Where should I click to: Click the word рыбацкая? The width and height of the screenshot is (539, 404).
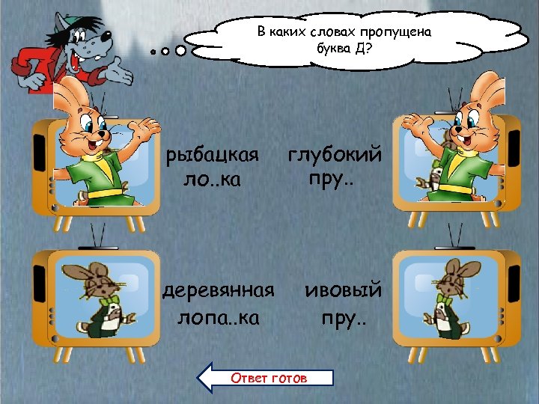[213, 156]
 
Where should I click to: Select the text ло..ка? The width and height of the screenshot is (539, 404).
[213, 180]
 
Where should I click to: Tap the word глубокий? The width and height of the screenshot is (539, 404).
[335, 156]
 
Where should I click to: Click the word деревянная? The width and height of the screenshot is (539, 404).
[219, 290]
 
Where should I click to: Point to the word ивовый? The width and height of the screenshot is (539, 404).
[344, 290]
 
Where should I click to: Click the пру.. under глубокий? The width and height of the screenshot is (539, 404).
[329, 180]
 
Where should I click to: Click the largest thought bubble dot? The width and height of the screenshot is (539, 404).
[181, 52]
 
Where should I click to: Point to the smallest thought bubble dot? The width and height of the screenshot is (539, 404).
[152, 52]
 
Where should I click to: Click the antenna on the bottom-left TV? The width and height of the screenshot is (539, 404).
[97, 238]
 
